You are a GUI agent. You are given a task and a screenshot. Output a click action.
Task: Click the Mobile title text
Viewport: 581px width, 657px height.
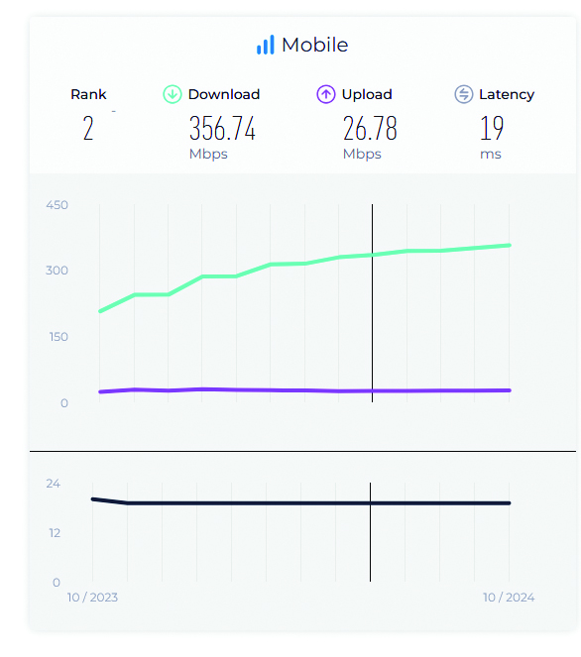pyautogui.click(x=315, y=45)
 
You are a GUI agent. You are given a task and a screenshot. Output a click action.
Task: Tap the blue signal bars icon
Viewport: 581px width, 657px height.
pyautogui.click(x=266, y=45)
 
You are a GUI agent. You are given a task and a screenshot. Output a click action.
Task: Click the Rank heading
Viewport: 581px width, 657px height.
pyautogui.click(x=88, y=94)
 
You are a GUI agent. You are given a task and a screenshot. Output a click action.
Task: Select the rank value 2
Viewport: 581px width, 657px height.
pyautogui.click(x=88, y=128)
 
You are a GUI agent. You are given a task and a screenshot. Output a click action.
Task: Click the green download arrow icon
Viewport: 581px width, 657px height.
pyautogui.click(x=173, y=94)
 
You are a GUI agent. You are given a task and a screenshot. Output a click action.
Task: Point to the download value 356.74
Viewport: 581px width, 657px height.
pyautogui.click(x=222, y=128)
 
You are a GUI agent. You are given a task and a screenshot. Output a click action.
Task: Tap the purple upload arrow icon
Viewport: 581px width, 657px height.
pyautogui.click(x=326, y=94)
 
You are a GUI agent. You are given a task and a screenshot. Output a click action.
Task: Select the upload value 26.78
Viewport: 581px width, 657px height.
pyautogui.click(x=370, y=128)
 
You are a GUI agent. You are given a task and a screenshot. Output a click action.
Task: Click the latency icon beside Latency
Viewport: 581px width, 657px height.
pyautogui.click(x=464, y=94)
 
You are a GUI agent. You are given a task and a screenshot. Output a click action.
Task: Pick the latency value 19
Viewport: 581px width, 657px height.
pyautogui.click(x=492, y=128)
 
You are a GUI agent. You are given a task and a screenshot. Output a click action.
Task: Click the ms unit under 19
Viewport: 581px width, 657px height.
pyautogui.click(x=491, y=155)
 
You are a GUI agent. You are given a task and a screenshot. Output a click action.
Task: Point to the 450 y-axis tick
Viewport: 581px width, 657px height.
pyautogui.click(x=58, y=205)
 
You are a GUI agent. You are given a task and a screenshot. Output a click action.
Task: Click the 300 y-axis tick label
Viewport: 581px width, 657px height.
pyautogui.click(x=58, y=271)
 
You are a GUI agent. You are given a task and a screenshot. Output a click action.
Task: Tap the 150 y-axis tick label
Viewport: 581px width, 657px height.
pyautogui.click(x=58, y=337)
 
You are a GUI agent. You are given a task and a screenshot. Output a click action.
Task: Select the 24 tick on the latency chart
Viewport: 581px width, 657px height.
pyautogui.click(x=54, y=484)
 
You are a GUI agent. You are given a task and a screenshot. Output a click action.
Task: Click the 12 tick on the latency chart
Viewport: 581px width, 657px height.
pyautogui.click(x=55, y=533)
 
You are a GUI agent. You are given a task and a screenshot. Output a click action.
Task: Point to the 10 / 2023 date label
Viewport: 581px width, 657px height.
pyautogui.click(x=92, y=598)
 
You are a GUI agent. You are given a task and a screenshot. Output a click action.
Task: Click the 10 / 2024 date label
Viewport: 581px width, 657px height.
pyautogui.click(x=509, y=598)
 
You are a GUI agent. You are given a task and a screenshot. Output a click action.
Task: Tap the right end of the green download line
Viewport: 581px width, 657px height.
pyautogui.click(x=510, y=246)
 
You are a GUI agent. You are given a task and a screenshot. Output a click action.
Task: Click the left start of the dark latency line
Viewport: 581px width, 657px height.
pyautogui.click(x=93, y=499)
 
